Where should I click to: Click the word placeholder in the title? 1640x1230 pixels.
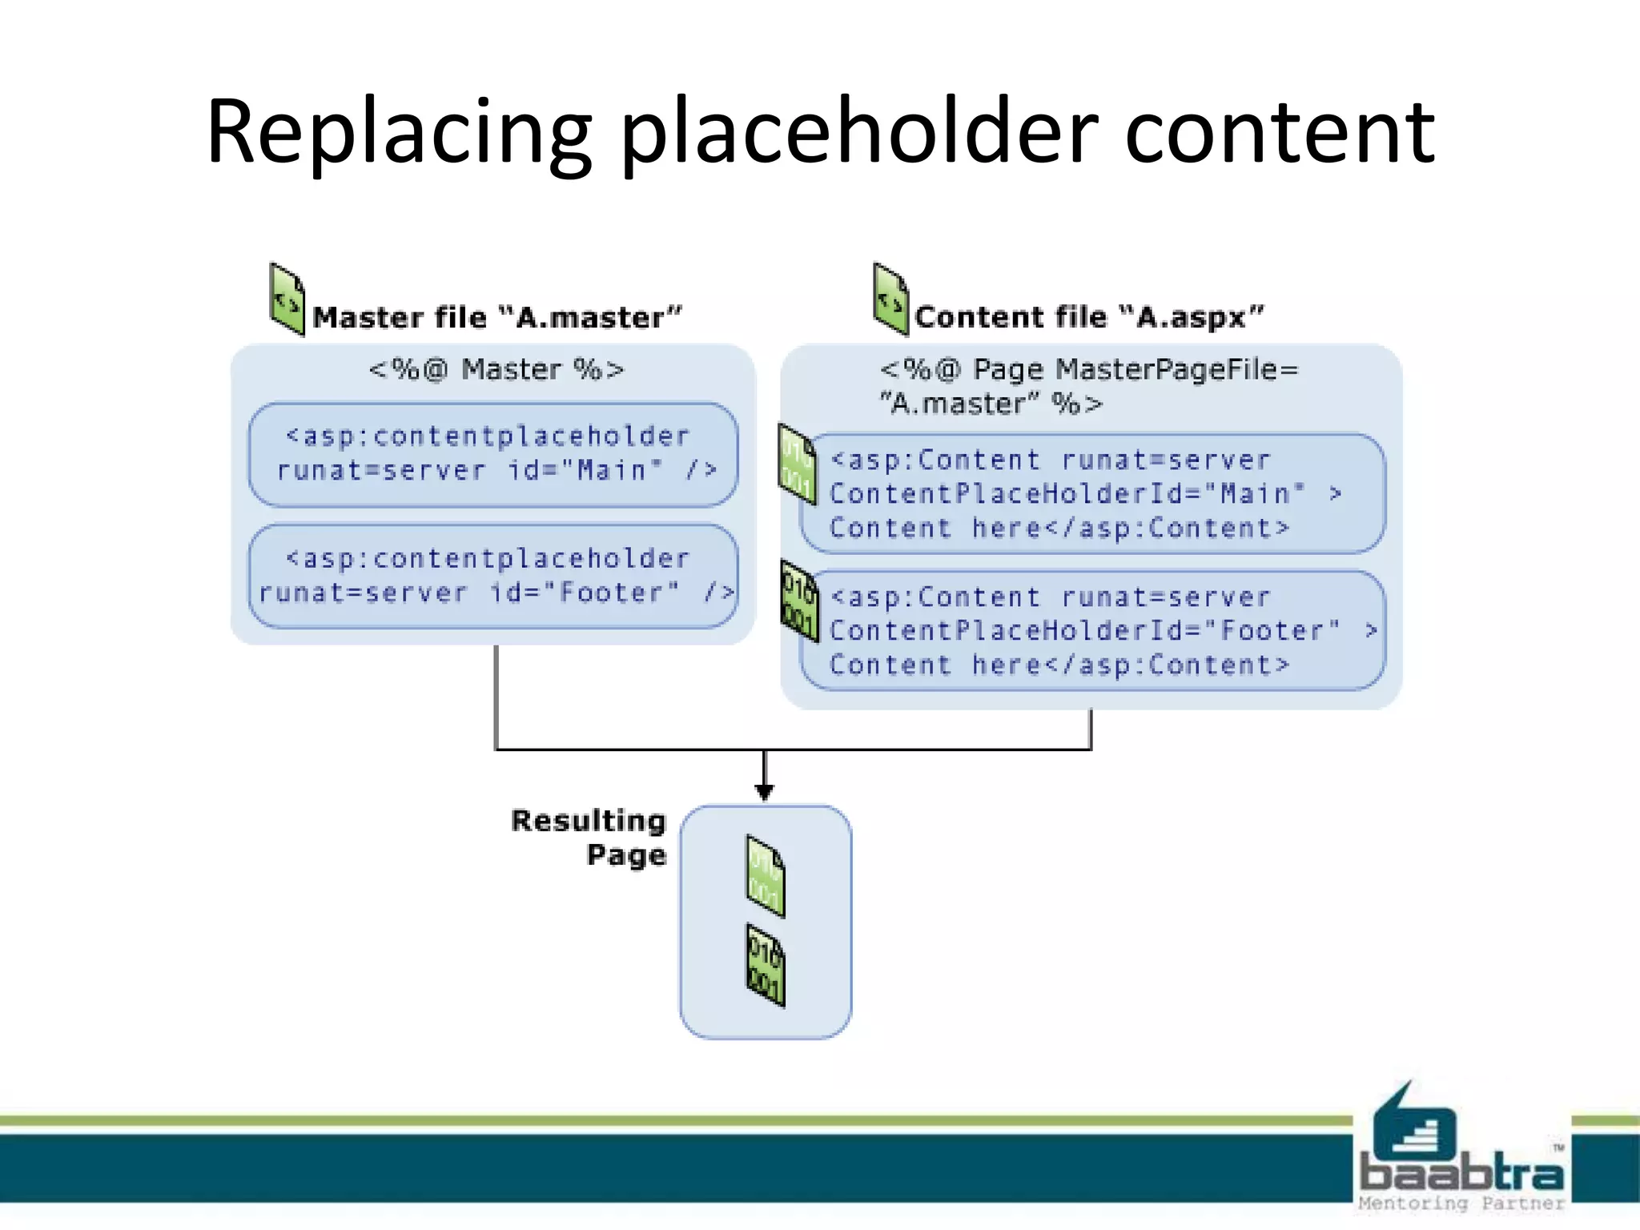[858, 132]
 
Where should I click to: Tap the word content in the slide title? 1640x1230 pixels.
[1279, 132]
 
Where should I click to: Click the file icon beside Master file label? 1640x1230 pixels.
[287, 299]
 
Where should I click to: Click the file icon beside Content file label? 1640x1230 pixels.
[890, 299]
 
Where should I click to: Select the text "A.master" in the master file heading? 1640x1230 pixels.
[590, 318]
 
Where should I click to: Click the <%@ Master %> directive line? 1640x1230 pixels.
[496, 370]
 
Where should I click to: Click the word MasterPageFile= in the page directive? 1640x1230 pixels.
[1176, 370]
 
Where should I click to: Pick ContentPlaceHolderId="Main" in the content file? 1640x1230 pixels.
[1067, 494]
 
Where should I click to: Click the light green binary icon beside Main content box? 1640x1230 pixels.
[798, 465]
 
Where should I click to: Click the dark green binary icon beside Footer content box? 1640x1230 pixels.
[799, 601]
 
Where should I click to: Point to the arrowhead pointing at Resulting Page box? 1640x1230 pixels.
[765, 791]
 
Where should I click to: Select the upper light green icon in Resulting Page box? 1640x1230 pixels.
[766, 876]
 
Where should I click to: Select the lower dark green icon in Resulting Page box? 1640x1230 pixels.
[766, 965]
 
